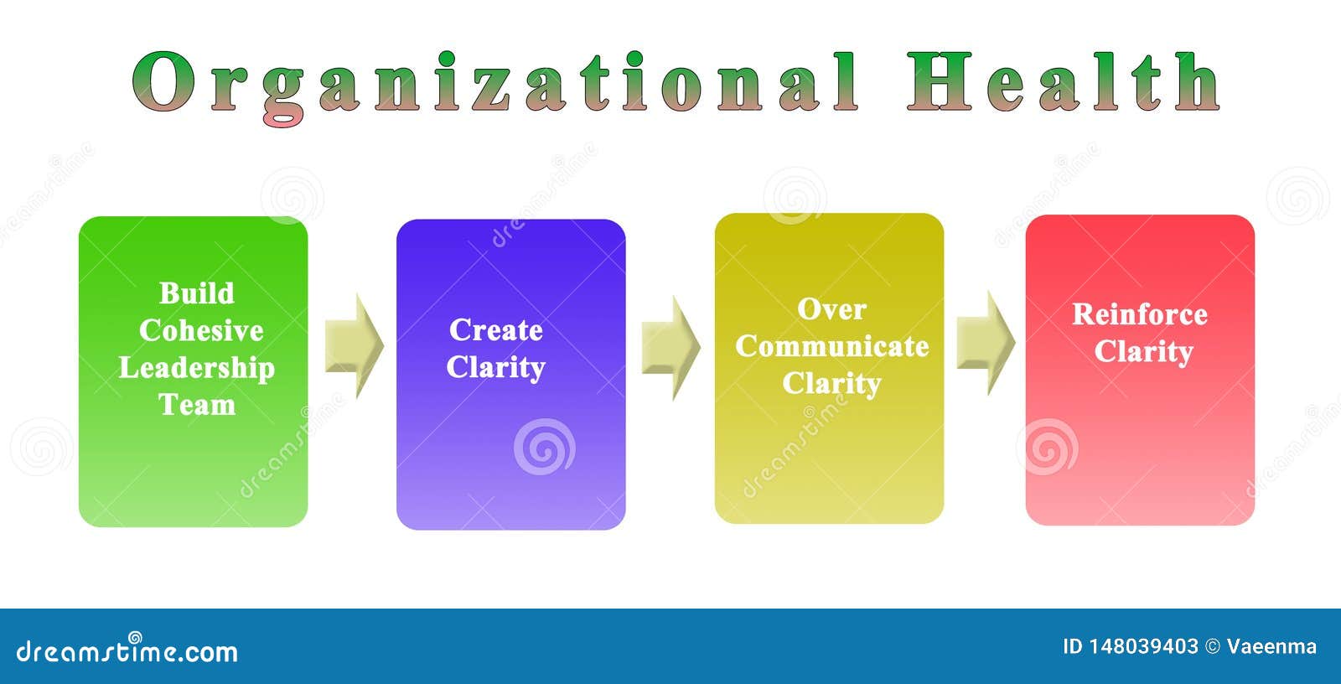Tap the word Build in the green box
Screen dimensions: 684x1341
pos(197,293)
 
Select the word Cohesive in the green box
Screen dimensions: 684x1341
pos(201,330)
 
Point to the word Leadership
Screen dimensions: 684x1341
pos(197,368)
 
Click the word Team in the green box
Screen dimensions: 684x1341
pos(197,405)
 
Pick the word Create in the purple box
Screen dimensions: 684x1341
pos(496,330)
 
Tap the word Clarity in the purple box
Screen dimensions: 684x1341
pos(496,367)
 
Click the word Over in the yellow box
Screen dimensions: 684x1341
pos(831,309)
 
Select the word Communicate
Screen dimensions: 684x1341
pos(832,346)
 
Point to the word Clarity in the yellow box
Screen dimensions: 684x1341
pos(831,383)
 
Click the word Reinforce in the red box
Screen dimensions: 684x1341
pos(1140,314)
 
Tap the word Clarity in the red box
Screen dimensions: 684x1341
pos(1143,351)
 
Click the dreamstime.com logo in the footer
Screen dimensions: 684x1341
pos(127,650)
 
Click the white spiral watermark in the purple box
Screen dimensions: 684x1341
pos(544,446)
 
